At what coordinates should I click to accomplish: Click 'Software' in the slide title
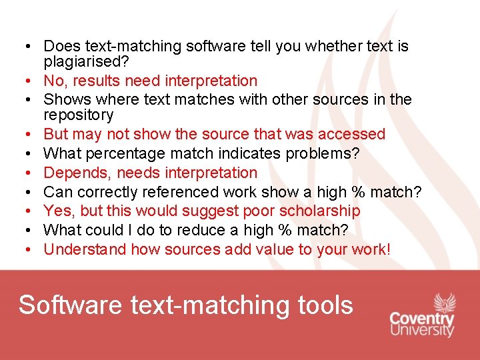(x=71, y=305)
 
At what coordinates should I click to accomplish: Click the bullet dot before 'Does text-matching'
(x=23, y=47)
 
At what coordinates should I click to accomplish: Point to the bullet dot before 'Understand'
(x=23, y=250)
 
